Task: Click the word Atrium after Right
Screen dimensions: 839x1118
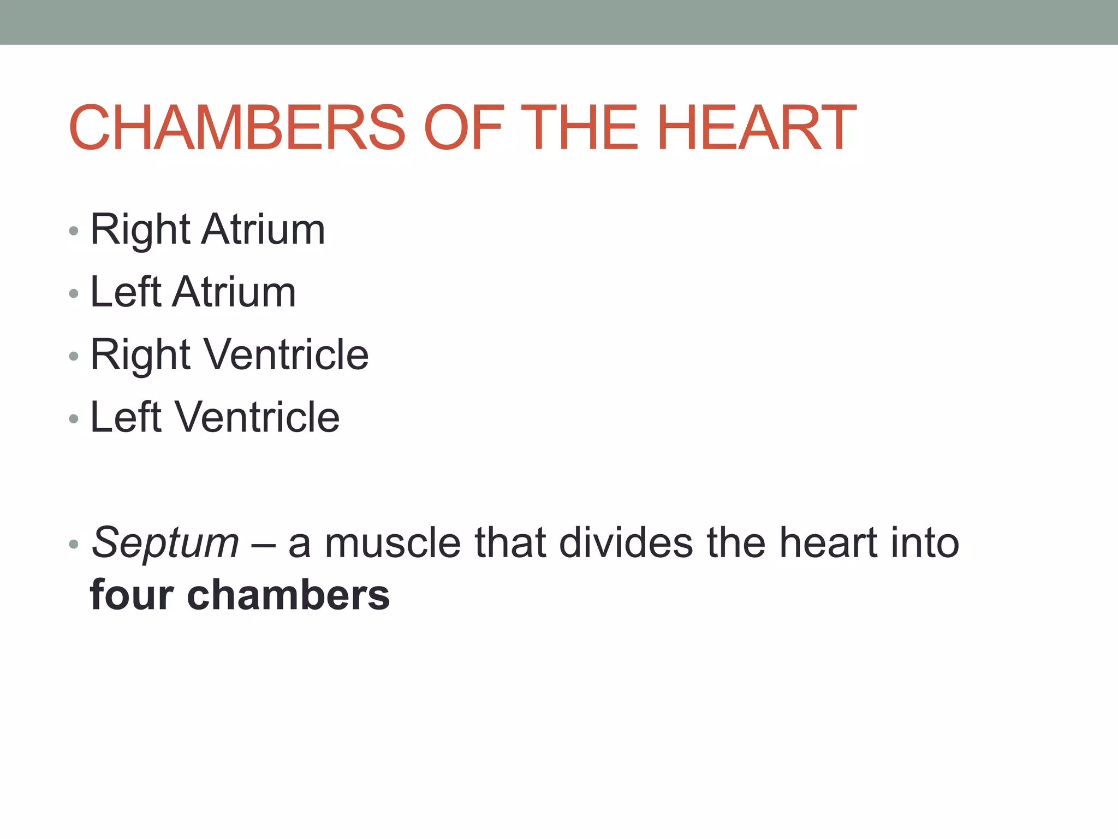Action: pyautogui.click(x=263, y=229)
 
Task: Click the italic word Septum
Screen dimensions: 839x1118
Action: pyautogui.click(x=165, y=543)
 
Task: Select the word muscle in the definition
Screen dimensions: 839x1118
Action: pyautogui.click(x=393, y=543)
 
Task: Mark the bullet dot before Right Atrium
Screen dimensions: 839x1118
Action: pyautogui.click(x=74, y=231)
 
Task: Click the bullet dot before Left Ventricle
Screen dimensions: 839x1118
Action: pyautogui.click(x=74, y=419)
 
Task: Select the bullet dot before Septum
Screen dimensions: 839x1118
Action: pyautogui.click(x=74, y=545)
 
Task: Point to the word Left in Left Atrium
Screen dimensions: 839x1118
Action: pyautogui.click(x=126, y=292)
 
